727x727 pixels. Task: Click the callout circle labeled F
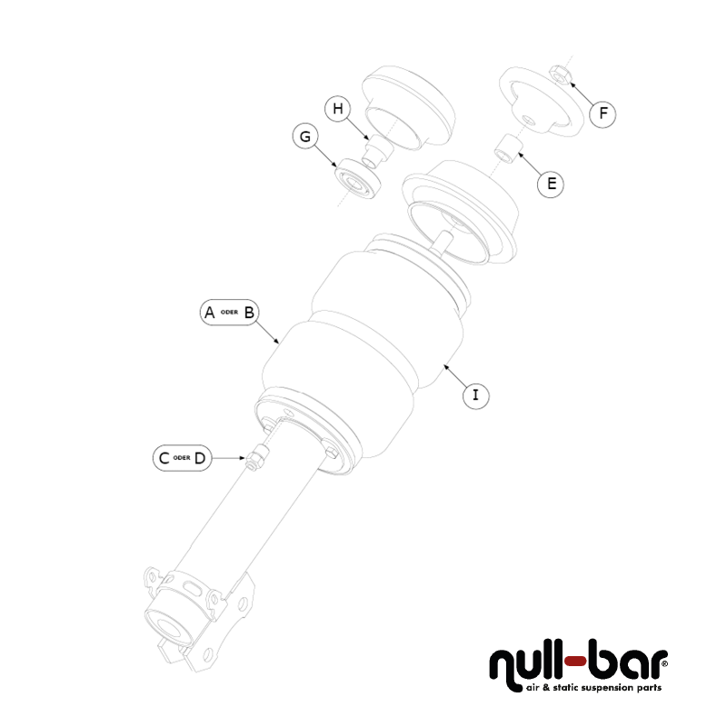pyautogui.click(x=603, y=114)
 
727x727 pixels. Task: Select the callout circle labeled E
pyautogui.click(x=550, y=184)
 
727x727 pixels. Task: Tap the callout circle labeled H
pyautogui.click(x=338, y=110)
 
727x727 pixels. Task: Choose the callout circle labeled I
pyautogui.click(x=474, y=395)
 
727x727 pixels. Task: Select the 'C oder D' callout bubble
pyautogui.click(x=182, y=458)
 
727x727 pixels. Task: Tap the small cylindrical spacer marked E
pyautogui.click(x=509, y=145)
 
